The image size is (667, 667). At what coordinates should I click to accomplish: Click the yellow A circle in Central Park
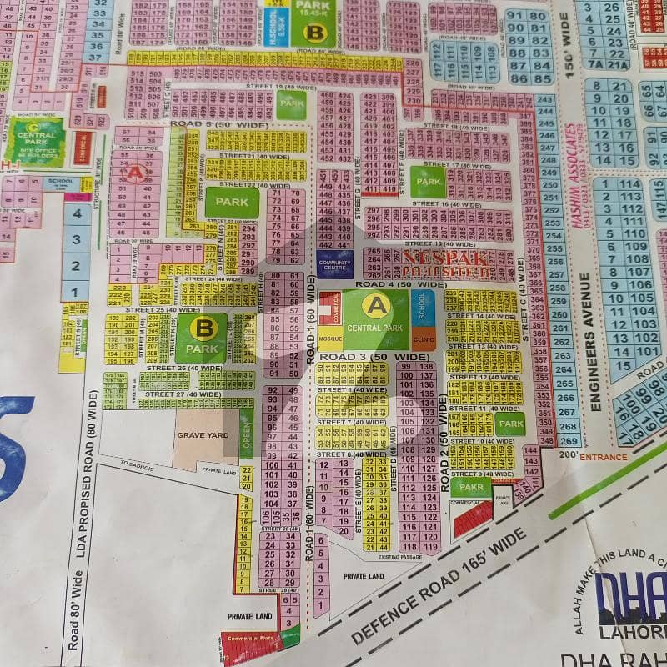[x=377, y=306]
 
